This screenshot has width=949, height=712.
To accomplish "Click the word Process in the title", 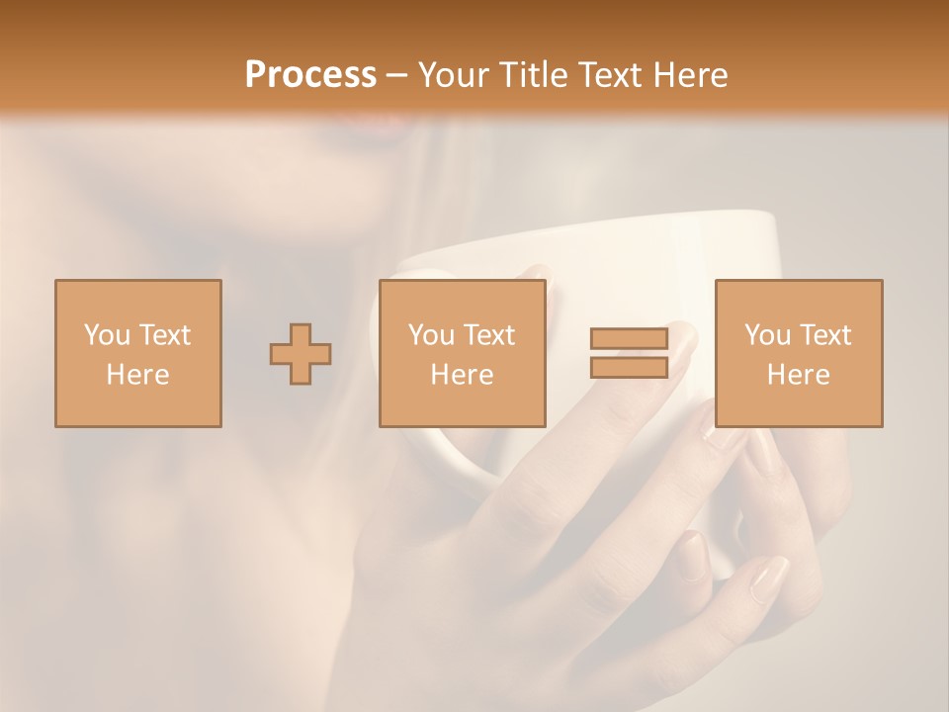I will [310, 74].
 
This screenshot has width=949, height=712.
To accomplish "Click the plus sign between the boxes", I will [301, 353].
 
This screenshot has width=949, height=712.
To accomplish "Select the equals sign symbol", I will [629, 353].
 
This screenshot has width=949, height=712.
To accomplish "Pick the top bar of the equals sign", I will [629, 339].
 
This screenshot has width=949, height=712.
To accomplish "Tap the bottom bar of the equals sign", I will [629, 367].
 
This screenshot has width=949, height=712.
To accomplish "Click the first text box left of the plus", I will [138, 353].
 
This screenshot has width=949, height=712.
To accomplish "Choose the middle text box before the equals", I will [462, 353].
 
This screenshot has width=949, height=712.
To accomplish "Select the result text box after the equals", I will [799, 353].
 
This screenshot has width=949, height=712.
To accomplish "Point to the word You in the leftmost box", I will [106, 334].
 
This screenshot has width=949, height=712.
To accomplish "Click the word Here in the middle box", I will [462, 375].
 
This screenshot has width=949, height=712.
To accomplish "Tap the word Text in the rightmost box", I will [823, 334].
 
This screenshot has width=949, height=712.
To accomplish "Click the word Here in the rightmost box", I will [799, 375].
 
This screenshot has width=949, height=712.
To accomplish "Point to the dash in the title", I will [397, 75].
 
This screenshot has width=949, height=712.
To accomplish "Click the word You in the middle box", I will [430, 334].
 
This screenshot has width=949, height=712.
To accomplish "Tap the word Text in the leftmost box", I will [163, 334].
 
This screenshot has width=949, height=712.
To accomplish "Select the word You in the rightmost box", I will [766, 334].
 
